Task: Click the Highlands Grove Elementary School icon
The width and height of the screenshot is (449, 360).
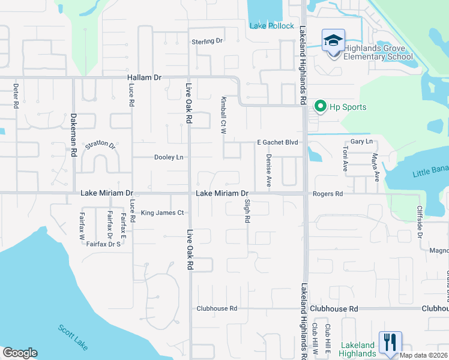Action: (333, 41)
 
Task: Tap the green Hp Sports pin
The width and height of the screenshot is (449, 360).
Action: (320, 107)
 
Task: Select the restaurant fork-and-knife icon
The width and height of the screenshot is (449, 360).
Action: (390, 342)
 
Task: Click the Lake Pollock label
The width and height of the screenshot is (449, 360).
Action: (272, 26)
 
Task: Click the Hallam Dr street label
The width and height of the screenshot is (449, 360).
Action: (145, 78)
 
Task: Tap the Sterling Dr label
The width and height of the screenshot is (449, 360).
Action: (207, 41)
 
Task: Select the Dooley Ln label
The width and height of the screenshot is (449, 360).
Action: (169, 157)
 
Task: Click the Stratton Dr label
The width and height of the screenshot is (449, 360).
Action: (100, 145)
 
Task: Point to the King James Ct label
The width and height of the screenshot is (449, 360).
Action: (162, 212)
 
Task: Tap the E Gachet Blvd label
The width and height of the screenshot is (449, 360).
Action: (277, 142)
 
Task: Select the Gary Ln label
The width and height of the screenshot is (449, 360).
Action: (361, 142)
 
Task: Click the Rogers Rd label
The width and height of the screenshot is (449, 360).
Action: (327, 194)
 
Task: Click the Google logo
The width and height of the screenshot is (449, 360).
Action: (20, 353)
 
